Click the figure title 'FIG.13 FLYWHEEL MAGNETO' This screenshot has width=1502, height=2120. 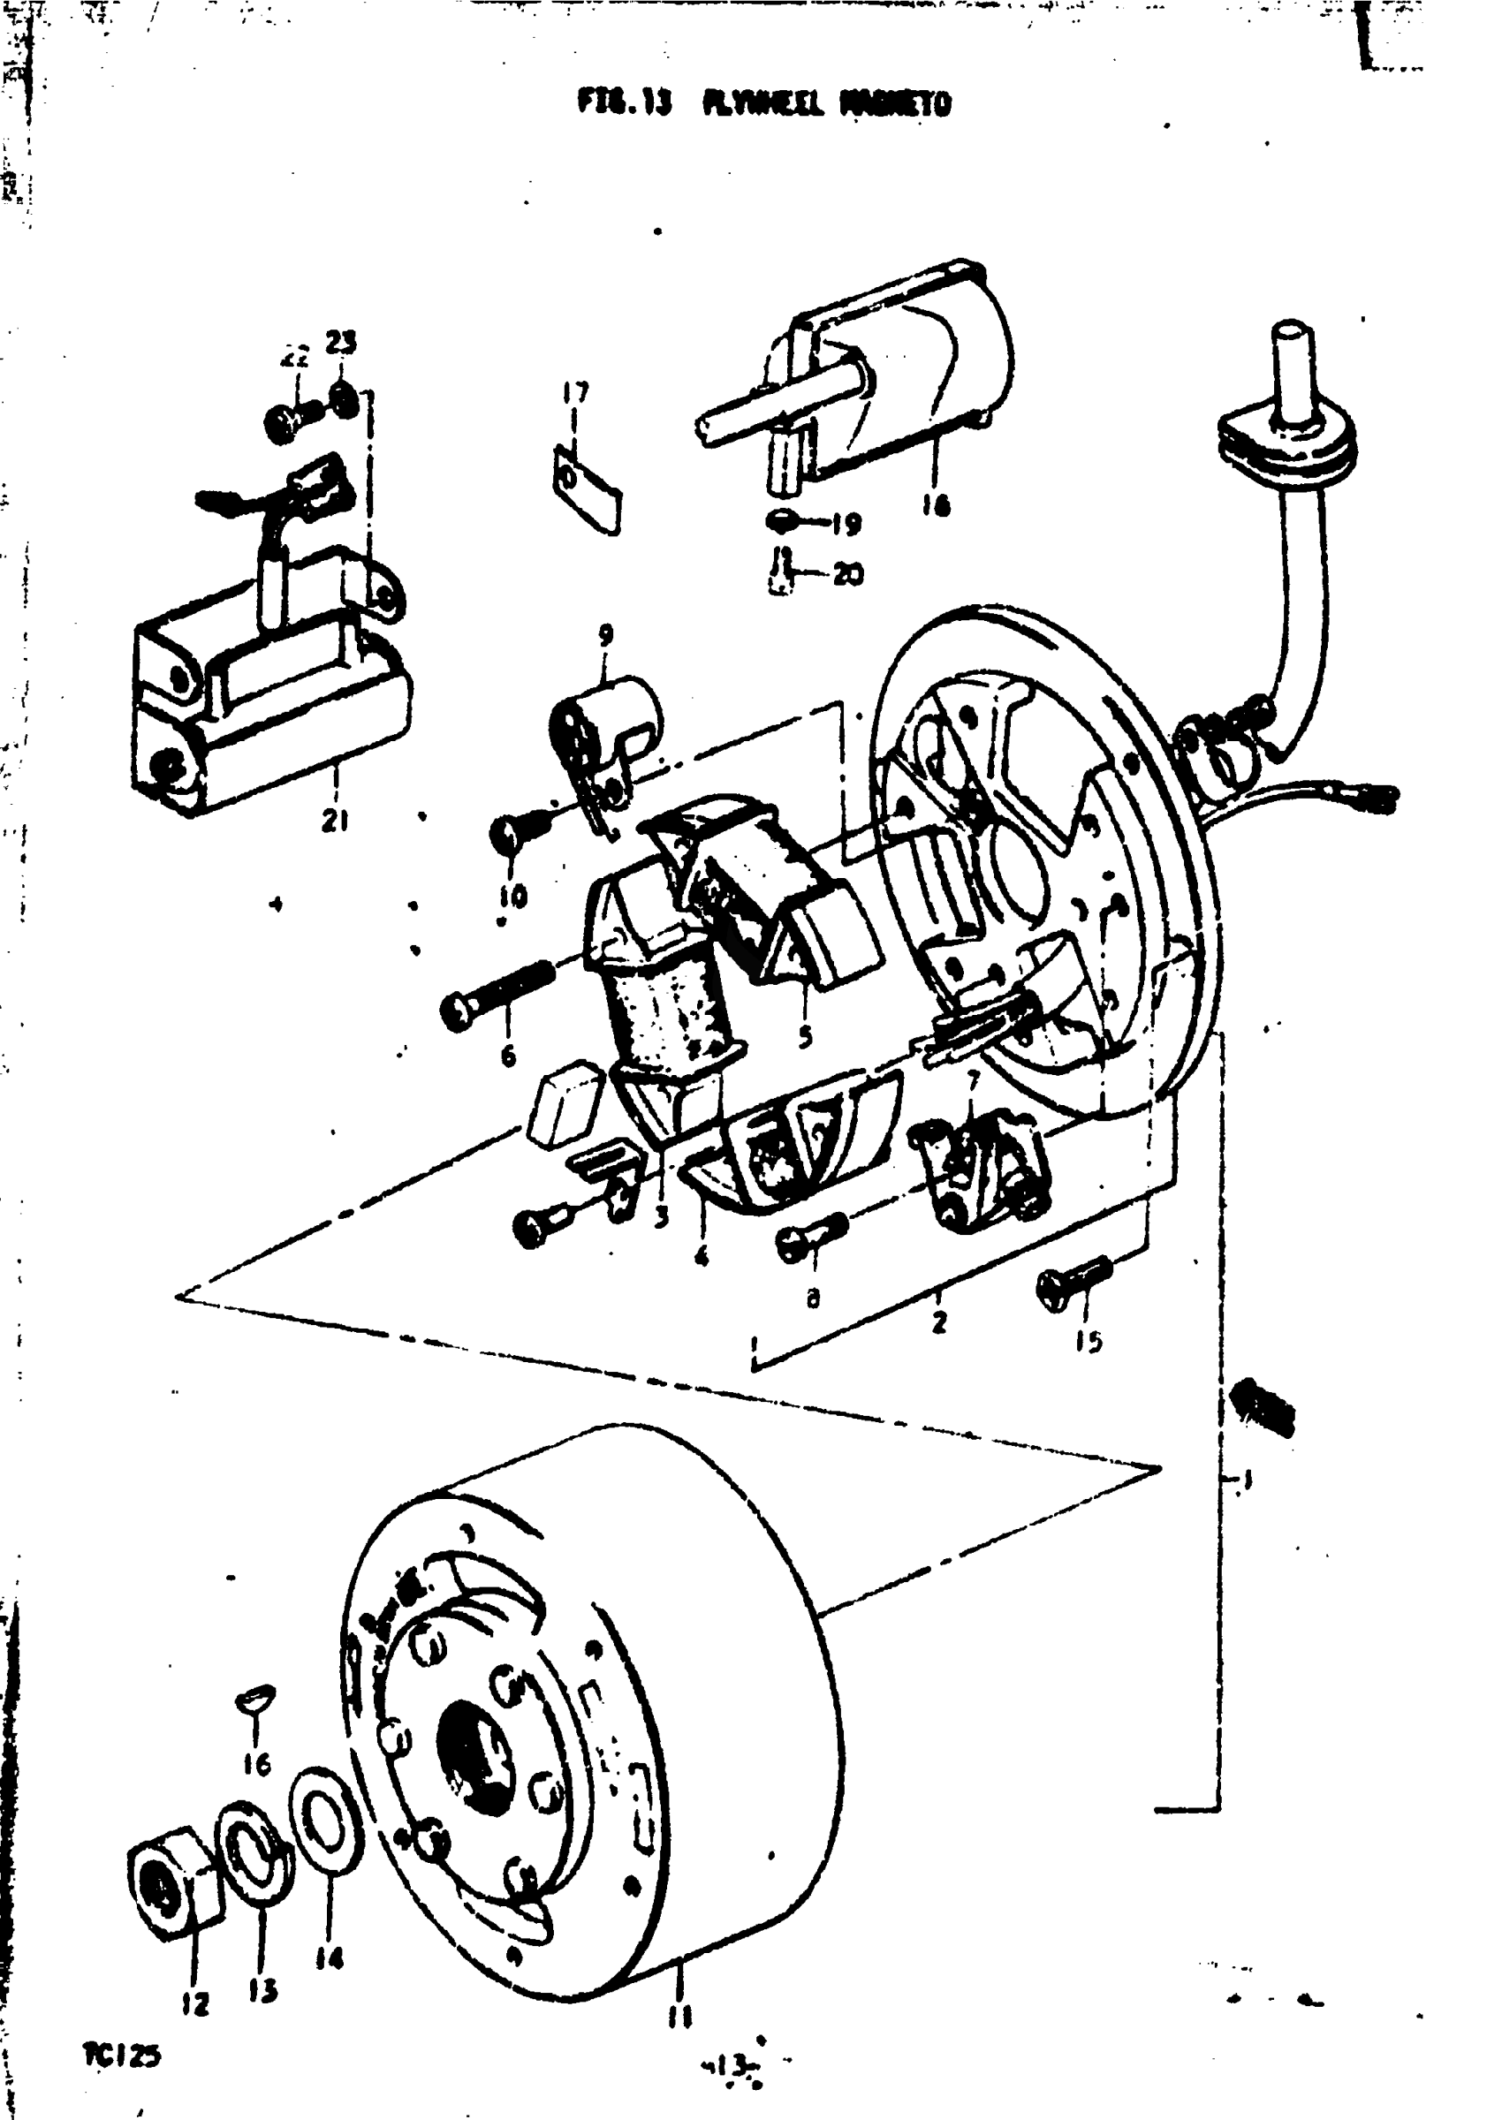pyautogui.click(x=764, y=102)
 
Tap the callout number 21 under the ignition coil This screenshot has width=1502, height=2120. pyautogui.click(x=335, y=819)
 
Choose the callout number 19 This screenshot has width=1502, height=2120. pyautogui.click(x=845, y=524)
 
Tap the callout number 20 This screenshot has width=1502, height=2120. pyautogui.click(x=847, y=574)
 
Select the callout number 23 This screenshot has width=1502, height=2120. pyautogui.click(x=339, y=343)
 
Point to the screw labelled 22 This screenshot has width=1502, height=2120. pyautogui.click(x=291, y=419)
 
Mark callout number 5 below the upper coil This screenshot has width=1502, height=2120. pyautogui.click(x=805, y=1037)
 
